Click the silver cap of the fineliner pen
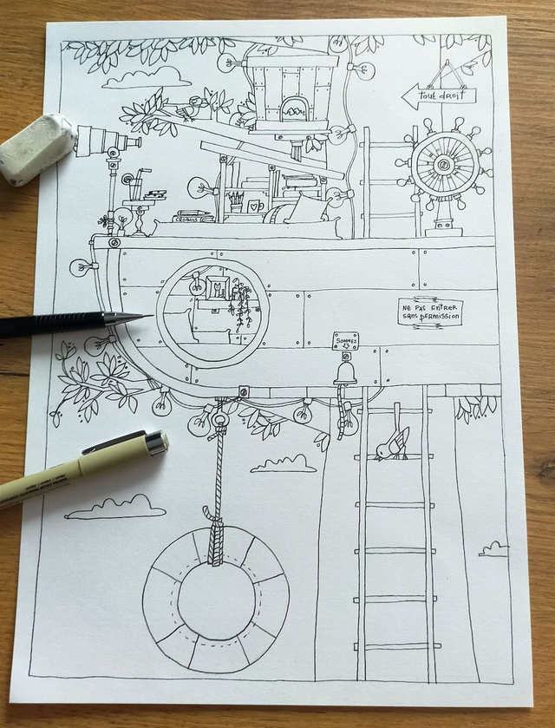tap(155, 443)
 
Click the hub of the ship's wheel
tap(445, 165)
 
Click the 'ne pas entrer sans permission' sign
tap(430, 312)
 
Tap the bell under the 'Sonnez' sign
tap(345, 374)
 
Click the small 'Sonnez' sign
tap(345, 341)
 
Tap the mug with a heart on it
tap(256, 207)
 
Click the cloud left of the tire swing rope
tap(114, 508)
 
